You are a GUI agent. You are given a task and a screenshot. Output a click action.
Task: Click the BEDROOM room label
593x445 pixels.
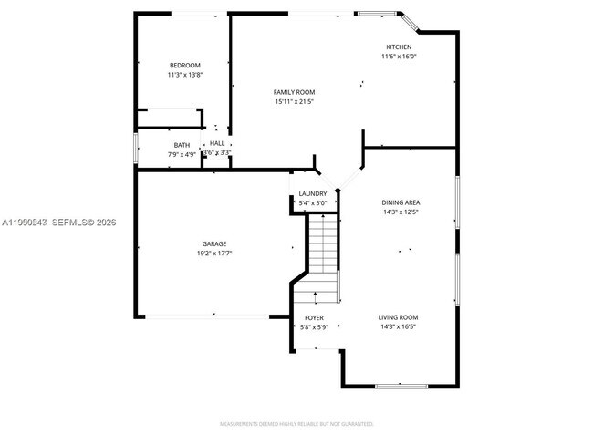tap(184, 65)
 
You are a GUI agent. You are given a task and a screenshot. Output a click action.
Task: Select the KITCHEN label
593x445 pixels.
tap(399, 47)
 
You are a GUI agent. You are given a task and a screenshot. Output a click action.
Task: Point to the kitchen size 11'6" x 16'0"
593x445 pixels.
tap(399, 57)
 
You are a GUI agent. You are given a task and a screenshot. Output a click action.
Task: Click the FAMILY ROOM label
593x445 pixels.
tap(294, 92)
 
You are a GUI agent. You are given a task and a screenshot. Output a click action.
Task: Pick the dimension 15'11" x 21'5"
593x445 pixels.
tap(294, 101)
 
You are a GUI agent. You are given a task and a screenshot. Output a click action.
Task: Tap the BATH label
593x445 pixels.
tap(182, 144)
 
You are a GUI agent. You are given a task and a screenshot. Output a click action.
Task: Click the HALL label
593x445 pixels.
tap(216, 143)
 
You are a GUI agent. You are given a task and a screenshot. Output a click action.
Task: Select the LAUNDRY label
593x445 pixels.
tap(313, 193)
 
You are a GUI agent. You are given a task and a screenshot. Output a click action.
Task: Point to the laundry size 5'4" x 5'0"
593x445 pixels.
tap(313, 202)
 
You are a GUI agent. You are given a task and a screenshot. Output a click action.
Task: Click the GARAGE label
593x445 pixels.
tap(214, 243)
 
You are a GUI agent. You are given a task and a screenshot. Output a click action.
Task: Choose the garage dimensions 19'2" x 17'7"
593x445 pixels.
tap(214, 253)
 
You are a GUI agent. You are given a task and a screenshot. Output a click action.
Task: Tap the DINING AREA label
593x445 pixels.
tap(401, 202)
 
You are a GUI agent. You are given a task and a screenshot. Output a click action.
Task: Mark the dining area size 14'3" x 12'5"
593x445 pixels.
tap(401, 212)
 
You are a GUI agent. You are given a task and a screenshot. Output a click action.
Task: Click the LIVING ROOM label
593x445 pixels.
tap(398, 317)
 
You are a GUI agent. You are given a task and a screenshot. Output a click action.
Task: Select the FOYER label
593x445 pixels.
tap(313, 317)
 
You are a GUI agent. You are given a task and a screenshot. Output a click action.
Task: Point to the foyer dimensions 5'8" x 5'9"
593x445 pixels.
tap(313, 326)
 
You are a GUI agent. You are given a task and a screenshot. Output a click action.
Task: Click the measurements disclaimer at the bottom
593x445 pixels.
tap(296, 425)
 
